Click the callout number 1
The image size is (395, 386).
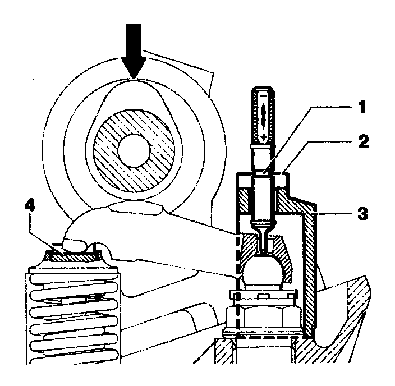coord(362,107)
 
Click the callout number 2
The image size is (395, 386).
coord(363,141)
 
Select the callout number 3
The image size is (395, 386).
coord(363,214)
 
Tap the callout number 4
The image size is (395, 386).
coord(30,206)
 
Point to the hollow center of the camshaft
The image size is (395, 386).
coord(134,150)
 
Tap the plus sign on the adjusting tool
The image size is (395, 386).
coord(264,137)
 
